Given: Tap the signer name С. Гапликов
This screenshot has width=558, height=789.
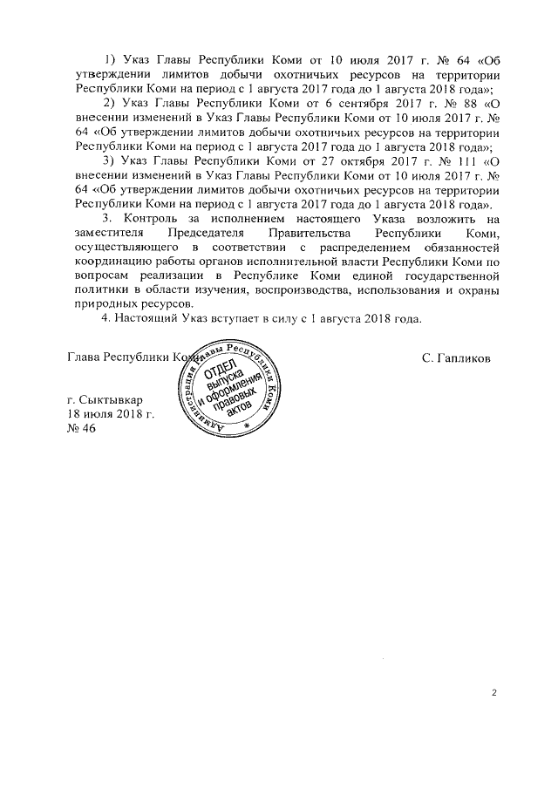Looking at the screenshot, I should tap(455, 357).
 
